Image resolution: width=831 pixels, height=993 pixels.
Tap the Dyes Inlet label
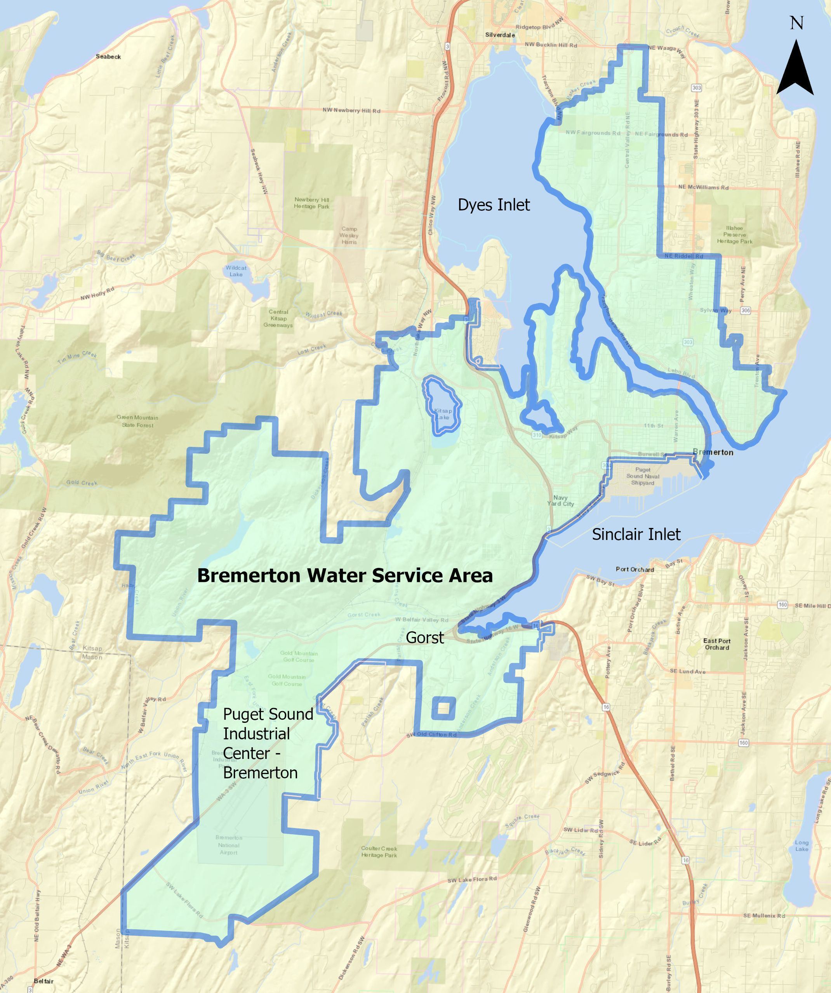click(x=494, y=205)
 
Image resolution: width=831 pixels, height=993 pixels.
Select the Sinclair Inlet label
click(x=636, y=534)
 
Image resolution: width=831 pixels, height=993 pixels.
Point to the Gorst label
click(x=425, y=637)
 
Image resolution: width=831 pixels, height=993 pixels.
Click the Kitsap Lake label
click(x=443, y=414)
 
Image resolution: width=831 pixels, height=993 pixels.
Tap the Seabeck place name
click(x=108, y=57)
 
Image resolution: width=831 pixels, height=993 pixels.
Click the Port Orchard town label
click(x=635, y=569)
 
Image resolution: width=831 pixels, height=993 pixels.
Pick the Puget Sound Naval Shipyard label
click(x=642, y=476)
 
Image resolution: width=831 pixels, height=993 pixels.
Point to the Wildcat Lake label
click(x=236, y=271)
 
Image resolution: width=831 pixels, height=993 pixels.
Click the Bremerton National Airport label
click(x=228, y=845)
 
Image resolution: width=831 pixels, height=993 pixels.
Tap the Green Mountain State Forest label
click(x=137, y=421)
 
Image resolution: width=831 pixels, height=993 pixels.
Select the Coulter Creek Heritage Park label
click(x=379, y=852)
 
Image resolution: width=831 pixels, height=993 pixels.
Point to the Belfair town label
click(x=43, y=981)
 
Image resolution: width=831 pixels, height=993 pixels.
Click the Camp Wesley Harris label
click(x=349, y=235)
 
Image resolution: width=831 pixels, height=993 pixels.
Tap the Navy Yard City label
click(x=560, y=500)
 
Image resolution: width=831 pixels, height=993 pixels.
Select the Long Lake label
click(x=801, y=845)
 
